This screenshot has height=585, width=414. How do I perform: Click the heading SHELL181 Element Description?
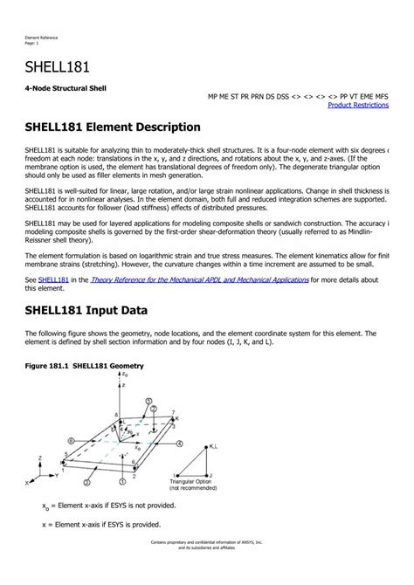(x=107, y=128)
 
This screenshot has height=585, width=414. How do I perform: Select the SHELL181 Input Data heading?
(x=86, y=310)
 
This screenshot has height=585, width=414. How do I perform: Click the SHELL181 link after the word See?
(x=52, y=279)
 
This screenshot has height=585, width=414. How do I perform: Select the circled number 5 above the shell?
(x=149, y=403)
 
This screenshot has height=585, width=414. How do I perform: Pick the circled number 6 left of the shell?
(x=69, y=441)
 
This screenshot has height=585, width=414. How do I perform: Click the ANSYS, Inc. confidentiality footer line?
(x=206, y=567)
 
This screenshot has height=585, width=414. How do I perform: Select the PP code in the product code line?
(x=345, y=95)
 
